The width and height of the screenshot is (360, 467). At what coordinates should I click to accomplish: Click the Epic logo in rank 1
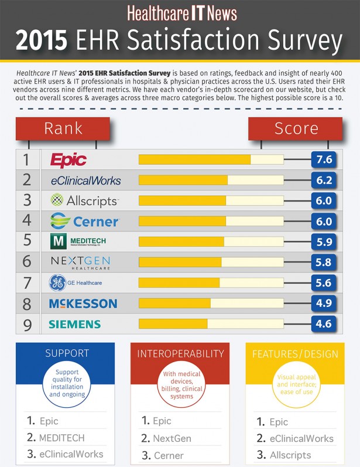68,160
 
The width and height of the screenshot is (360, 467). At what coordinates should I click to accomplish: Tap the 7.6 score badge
324,159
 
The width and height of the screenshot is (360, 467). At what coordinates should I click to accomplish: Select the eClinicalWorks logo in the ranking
85,180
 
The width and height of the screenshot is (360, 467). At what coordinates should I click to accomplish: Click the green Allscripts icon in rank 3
57,200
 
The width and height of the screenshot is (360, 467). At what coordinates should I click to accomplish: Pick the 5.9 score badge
324,241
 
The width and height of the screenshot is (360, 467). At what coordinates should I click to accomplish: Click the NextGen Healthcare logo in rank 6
80,262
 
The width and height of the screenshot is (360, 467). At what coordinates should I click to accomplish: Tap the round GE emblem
56,283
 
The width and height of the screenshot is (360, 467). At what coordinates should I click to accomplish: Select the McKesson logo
83,304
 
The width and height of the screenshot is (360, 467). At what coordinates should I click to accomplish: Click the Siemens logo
74,324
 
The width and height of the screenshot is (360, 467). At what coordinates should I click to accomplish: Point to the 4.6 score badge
324,324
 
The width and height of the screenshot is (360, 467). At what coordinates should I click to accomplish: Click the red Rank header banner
63,128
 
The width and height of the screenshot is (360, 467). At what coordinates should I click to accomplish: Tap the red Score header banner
296,128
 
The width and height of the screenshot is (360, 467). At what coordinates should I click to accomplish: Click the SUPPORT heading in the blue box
67,353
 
